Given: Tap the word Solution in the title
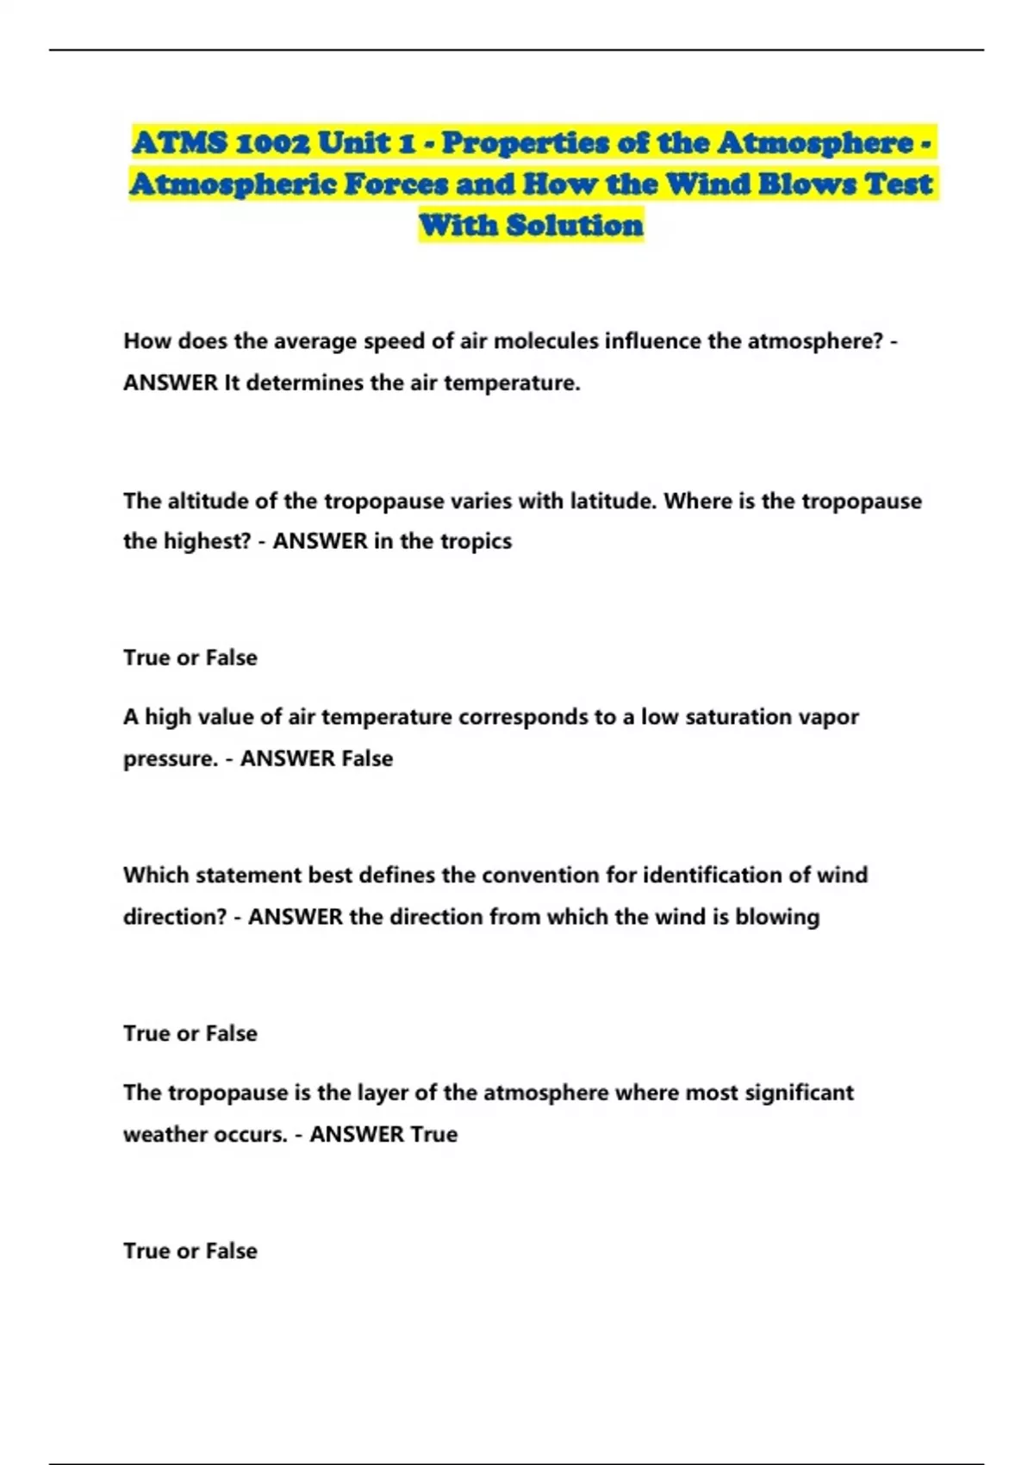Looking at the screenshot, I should point(575,226).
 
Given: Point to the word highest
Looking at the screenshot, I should point(205,541).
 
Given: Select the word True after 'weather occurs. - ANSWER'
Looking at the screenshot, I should point(433,1134).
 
